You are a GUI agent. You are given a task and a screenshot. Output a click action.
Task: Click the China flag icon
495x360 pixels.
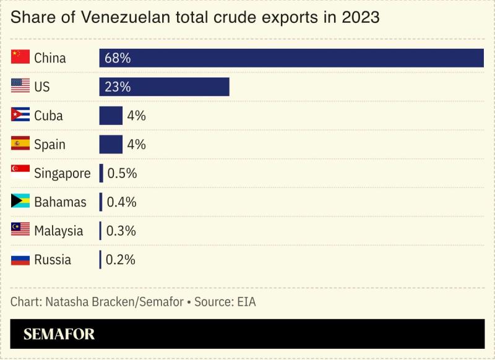pyautogui.click(x=20, y=58)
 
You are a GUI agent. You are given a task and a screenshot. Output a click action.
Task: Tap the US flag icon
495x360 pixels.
pyautogui.click(x=20, y=87)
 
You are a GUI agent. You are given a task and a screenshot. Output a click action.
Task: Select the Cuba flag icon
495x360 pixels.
pyautogui.click(x=20, y=116)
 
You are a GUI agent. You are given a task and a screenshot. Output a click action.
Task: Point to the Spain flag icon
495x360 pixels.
pyautogui.click(x=20, y=144)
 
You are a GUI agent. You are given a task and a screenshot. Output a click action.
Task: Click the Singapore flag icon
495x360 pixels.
pyautogui.click(x=20, y=173)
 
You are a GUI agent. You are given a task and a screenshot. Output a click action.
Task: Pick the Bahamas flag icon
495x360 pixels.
pyautogui.click(x=20, y=202)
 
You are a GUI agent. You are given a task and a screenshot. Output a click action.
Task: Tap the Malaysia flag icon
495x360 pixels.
pyautogui.click(x=20, y=231)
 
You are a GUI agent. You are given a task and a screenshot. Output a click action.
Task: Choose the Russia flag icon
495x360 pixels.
pyautogui.click(x=20, y=259)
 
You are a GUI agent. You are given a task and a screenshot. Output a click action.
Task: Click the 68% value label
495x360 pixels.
pyautogui.click(x=118, y=58)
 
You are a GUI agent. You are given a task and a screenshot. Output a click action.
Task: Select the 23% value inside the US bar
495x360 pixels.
pyautogui.click(x=118, y=87)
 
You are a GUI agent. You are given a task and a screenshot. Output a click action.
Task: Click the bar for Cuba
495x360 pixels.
pyautogui.click(x=111, y=116)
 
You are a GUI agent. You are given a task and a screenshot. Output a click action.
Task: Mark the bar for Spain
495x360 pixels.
pyautogui.click(x=111, y=144)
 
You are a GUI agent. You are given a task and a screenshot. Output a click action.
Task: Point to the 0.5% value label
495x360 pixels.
pyautogui.click(x=122, y=173)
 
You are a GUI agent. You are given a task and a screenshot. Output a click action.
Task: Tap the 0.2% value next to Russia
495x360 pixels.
pyautogui.click(x=121, y=260)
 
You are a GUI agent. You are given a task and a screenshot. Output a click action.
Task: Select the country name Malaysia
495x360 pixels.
pyautogui.click(x=59, y=231)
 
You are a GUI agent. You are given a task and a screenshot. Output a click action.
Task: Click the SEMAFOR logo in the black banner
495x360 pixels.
pyautogui.click(x=59, y=335)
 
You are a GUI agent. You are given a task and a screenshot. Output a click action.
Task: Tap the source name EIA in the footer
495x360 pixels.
pyautogui.click(x=244, y=302)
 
